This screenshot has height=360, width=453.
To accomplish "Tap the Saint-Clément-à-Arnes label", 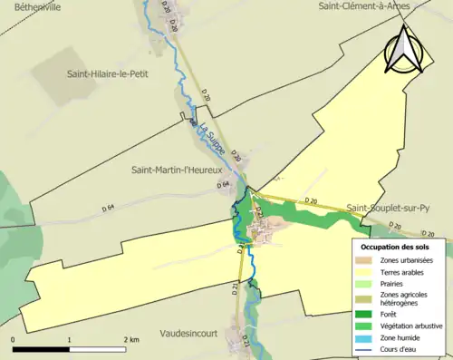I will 364,6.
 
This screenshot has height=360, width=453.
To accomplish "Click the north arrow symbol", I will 404,50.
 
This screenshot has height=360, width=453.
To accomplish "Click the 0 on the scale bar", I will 14,339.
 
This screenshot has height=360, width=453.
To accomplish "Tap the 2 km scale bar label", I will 131,339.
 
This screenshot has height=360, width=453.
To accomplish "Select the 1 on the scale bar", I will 70,339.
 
